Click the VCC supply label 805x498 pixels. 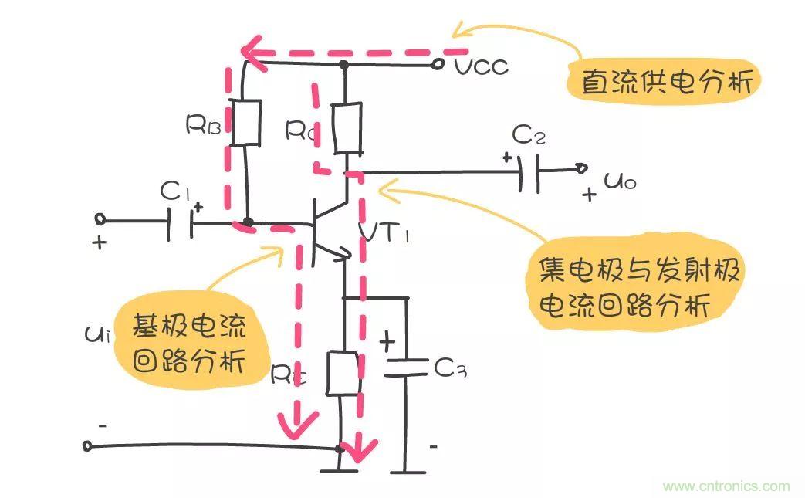click(481, 66)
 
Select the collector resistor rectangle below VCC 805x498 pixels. click(347, 128)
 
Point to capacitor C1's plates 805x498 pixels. click(179, 222)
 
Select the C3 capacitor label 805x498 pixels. click(450, 368)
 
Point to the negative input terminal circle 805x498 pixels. click(87, 445)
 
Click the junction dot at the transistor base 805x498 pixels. click(247, 222)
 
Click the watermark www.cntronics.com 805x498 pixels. click(726, 486)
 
